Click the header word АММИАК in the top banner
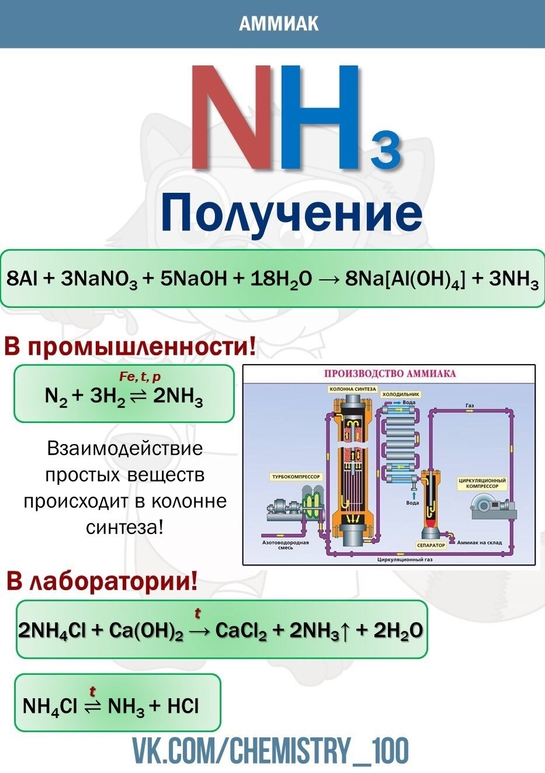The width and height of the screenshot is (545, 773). click(x=279, y=23)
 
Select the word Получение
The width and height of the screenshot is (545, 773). click(x=291, y=213)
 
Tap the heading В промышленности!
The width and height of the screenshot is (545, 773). click(x=130, y=347)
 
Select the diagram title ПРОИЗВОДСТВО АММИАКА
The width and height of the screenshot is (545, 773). click(x=390, y=374)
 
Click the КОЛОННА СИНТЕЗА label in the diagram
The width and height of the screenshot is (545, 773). click(x=352, y=389)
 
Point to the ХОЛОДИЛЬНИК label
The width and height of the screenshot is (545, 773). click(x=401, y=394)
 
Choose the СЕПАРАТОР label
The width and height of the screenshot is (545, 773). click(x=431, y=545)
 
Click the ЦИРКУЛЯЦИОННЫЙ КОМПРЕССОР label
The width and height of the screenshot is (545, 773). click(x=482, y=483)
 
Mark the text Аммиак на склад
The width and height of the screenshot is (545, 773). click(x=479, y=542)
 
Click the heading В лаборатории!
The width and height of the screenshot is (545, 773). click(x=102, y=582)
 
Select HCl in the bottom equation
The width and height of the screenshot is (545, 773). click(x=183, y=706)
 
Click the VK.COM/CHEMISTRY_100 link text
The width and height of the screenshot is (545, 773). click(x=270, y=751)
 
